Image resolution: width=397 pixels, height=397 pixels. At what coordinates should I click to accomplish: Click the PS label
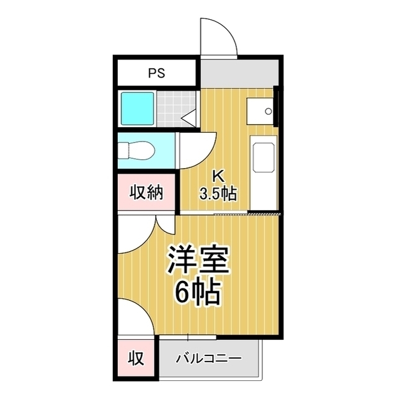coord(156,73)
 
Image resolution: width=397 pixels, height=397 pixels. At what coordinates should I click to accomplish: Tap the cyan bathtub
coord(138,109)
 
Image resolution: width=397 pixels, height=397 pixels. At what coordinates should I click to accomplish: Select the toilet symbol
coord(136,151)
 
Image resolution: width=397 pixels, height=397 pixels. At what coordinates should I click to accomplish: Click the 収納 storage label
coord(146,193)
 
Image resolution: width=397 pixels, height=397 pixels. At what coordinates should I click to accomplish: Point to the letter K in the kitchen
coord(218,176)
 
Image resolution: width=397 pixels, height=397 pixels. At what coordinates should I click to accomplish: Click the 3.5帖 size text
coord(218,194)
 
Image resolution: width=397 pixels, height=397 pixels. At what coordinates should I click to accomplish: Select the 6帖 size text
coord(197,293)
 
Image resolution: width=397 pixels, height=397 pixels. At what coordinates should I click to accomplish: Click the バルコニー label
coord(209,359)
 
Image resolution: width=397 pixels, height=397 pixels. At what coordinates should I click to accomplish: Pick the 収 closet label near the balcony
coord(136,359)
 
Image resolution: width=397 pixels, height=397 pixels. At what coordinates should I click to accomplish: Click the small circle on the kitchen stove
coord(269,111)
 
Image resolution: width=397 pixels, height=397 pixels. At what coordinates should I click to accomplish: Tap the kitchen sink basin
coord(263,158)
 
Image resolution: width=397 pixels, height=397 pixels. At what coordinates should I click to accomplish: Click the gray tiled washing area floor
coord(176,109)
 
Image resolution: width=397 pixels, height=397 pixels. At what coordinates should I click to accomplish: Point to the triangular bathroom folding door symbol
coord(189,118)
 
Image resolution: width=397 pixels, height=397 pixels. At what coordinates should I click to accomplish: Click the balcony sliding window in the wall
coord(187,337)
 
